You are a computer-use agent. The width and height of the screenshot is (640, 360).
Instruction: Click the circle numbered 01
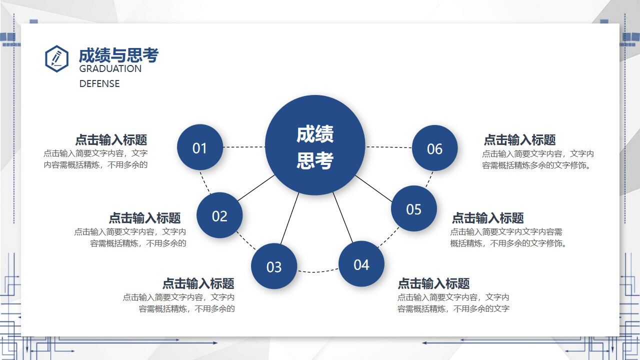point(200,147)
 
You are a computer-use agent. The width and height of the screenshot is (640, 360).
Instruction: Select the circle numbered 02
point(219,215)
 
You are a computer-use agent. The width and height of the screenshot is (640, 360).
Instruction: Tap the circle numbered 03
point(274,266)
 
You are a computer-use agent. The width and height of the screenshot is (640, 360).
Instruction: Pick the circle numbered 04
point(361,264)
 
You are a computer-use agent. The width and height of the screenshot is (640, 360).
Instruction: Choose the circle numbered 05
point(414,208)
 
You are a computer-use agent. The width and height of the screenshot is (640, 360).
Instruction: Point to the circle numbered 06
point(434,148)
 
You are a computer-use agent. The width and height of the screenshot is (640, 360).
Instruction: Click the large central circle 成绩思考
point(315,145)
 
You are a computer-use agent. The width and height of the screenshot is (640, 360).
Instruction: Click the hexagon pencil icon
point(56,58)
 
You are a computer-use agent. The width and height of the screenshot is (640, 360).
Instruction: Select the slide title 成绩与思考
point(118,55)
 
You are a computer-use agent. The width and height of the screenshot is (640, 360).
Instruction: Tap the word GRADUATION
point(110,69)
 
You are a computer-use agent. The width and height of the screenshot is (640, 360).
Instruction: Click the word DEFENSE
point(99,83)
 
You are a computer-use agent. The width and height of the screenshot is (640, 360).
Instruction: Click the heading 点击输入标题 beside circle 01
point(111,140)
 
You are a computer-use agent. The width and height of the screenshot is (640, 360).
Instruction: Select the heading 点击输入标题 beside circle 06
point(519,140)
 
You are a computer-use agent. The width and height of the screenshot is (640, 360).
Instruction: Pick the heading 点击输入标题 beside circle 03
point(198,283)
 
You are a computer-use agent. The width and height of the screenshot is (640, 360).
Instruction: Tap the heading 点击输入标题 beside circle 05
point(487,218)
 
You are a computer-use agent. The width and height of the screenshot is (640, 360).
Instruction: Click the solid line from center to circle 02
point(256,188)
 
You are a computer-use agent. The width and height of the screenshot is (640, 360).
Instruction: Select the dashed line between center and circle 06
point(389,147)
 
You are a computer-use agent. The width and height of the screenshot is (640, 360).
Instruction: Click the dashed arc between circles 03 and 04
point(318,272)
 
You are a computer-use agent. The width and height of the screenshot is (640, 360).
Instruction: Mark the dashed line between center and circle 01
point(244,147)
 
